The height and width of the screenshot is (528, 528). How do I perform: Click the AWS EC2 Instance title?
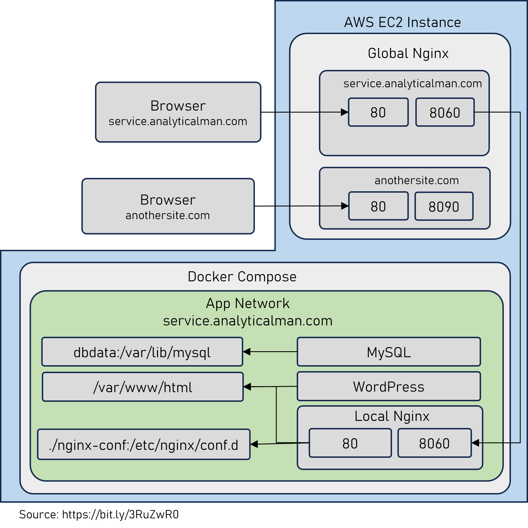[402, 22]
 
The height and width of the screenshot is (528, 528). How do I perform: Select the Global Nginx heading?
[408, 53]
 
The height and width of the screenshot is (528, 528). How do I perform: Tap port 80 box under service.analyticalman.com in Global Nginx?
[378, 112]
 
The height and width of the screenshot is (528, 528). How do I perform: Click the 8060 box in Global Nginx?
[445, 112]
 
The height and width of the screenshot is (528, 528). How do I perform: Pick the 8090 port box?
[444, 206]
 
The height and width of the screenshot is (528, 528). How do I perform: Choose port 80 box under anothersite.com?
[378, 206]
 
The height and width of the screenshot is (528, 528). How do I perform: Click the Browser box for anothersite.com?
[168, 206]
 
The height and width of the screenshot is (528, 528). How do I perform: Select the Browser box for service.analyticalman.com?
[178, 112]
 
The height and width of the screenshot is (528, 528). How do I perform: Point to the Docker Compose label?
[242, 277]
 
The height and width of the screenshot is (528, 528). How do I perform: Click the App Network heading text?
[247, 304]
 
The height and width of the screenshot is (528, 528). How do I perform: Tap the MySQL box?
[389, 352]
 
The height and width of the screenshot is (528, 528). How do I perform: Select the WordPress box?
[389, 387]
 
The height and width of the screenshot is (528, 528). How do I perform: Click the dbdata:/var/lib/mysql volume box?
[142, 352]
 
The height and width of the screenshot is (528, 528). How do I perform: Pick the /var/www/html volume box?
[143, 387]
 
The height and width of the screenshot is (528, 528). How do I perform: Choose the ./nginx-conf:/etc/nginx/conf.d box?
[144, 445]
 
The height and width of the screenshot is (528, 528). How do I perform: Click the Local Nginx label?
[391, 416]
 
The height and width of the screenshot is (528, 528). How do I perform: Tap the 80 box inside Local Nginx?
[350, 443]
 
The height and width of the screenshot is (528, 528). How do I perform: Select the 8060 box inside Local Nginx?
[434, 443]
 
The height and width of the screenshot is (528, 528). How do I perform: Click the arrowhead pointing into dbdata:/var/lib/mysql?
[247, 352]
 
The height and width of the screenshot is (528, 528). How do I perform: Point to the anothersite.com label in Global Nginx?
[416, 180]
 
